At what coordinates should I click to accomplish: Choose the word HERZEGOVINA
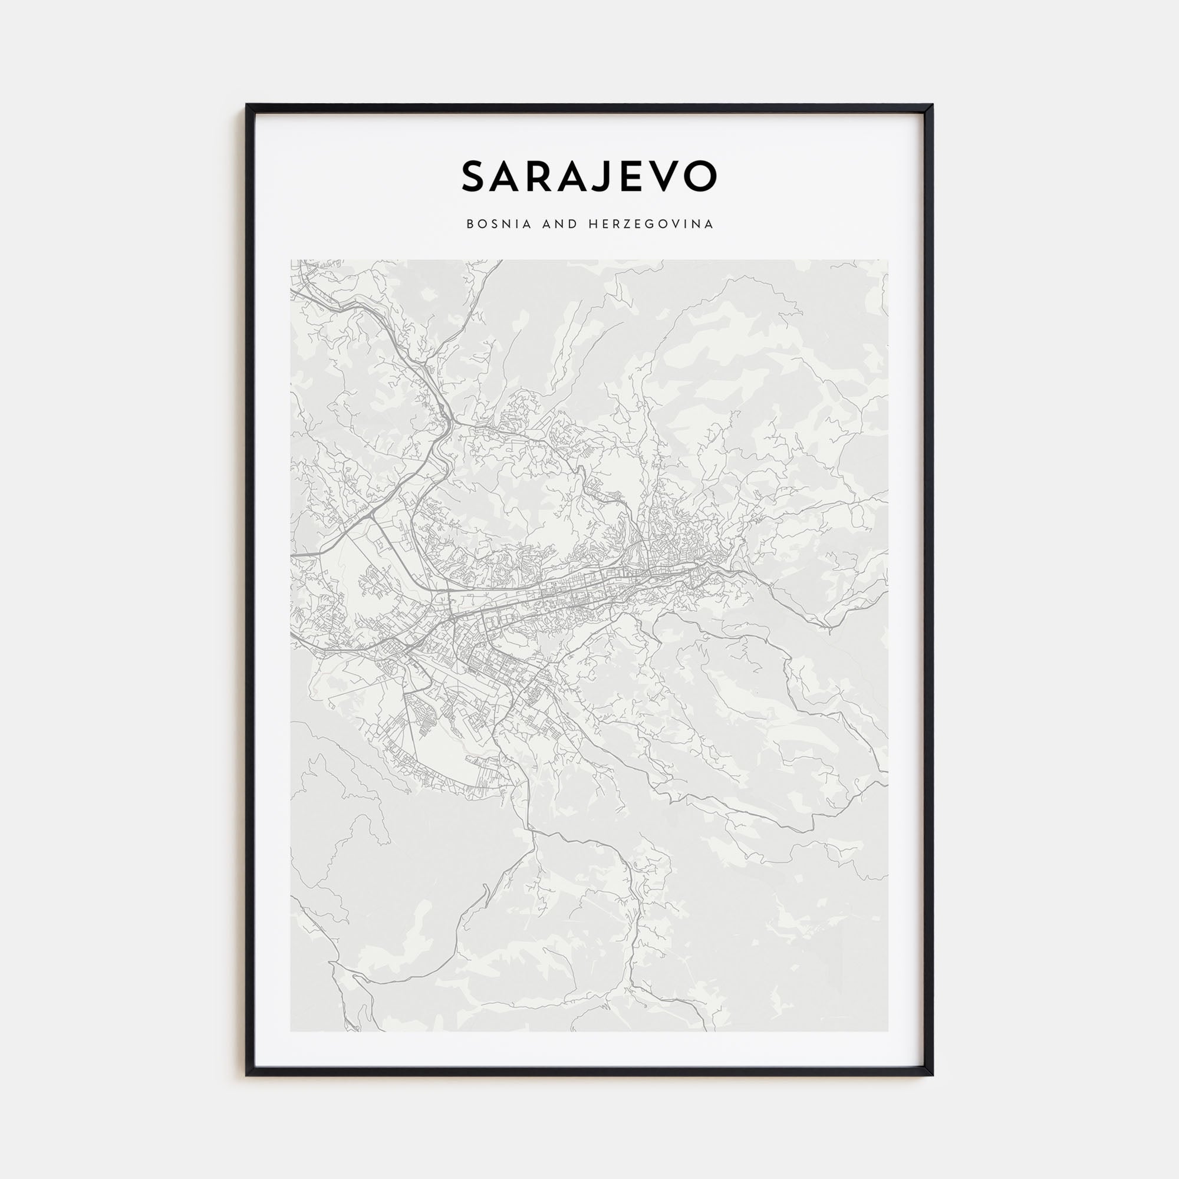click(x=651, y=224)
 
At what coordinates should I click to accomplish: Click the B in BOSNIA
click(x=470, y=224)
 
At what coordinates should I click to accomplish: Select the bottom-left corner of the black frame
click(x=247, y=1075)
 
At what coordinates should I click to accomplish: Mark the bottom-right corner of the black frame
click(x=932, y=1075)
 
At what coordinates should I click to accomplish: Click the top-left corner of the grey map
click(x=291, y=261)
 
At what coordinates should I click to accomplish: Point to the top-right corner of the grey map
click(x=888, y=261)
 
